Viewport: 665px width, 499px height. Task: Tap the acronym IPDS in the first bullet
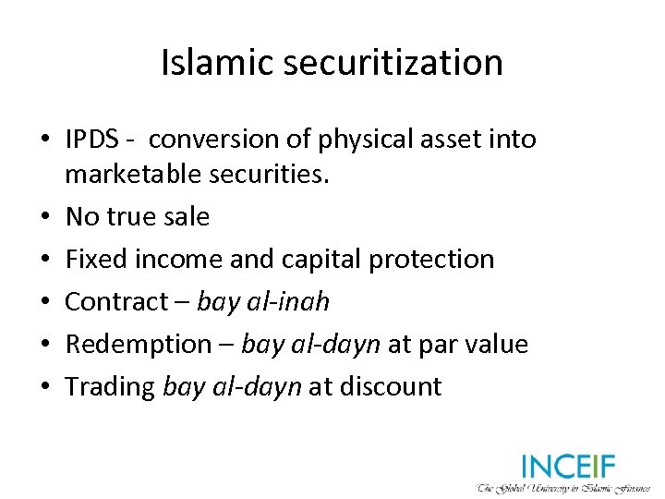coord(92,140)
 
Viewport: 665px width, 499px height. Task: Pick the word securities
coord(272,175)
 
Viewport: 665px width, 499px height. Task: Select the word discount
coord(392,387)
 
